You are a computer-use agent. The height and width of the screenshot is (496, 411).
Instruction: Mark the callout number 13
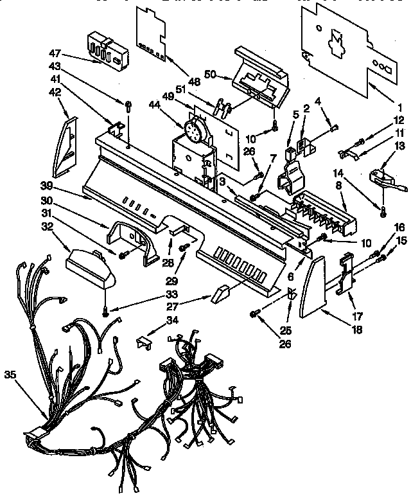399,146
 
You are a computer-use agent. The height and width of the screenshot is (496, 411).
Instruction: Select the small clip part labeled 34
145,341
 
